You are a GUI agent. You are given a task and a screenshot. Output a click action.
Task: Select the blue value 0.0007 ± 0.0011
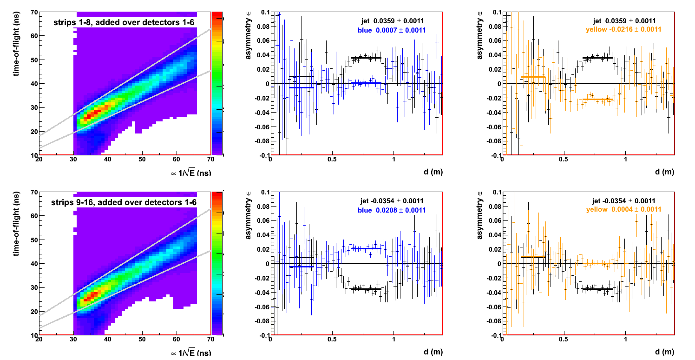pyautogui.click(x=392, y=30)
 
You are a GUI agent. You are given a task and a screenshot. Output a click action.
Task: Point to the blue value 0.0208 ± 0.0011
pyautogui.click(x=392, y=210)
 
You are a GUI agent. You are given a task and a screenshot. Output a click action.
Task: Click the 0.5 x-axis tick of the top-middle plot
pyautogui.click(x=332, y=160)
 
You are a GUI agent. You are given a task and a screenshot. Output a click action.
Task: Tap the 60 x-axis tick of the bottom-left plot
pyautogui.click(x=177, y=340)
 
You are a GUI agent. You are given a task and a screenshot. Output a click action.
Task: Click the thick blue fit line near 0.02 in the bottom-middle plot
pyautogui.click(x=366, y=248)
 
